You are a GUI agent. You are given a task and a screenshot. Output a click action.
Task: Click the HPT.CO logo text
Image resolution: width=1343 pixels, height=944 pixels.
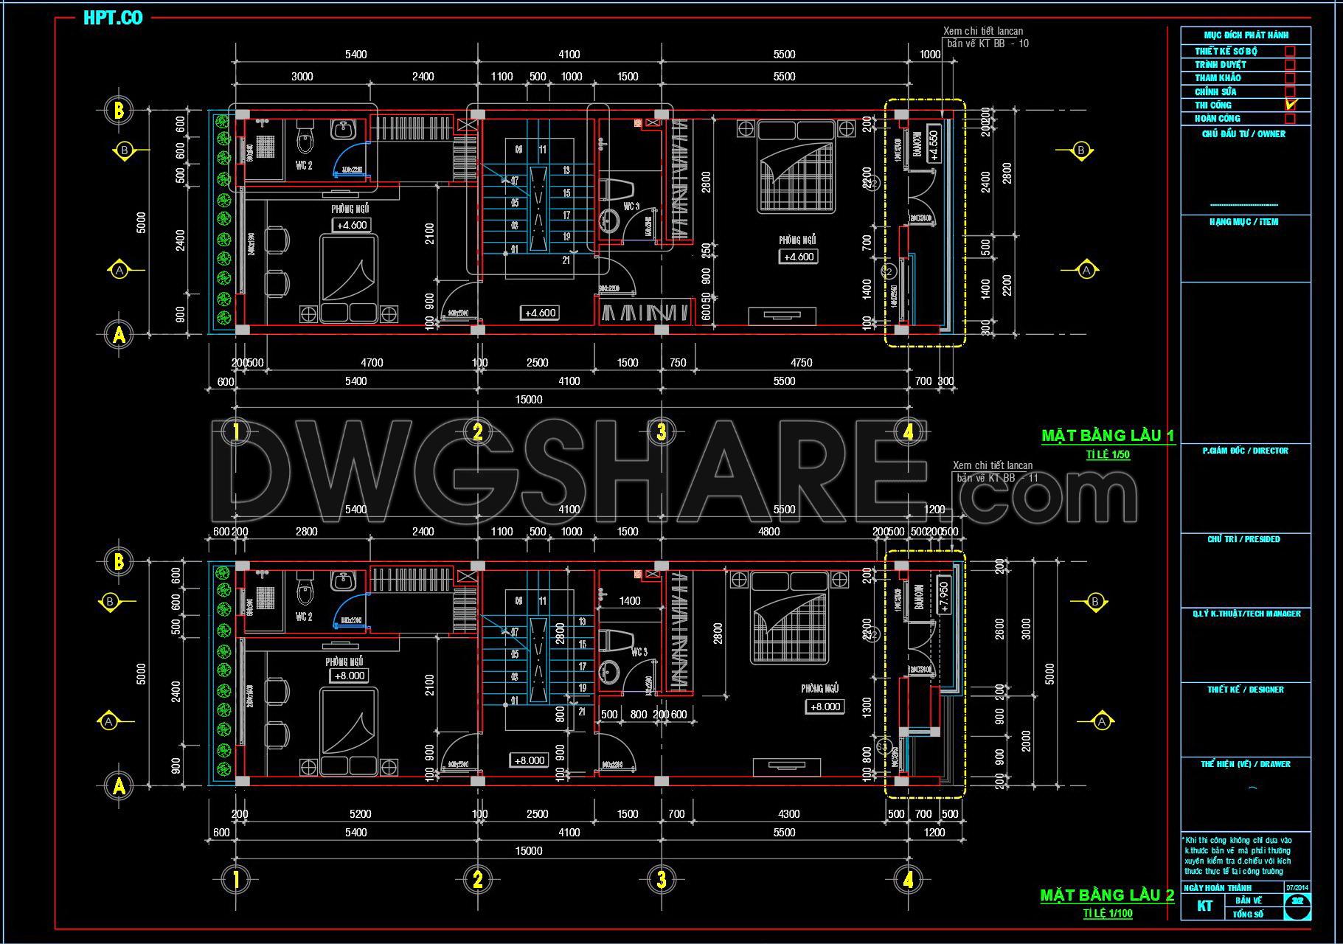click(113, 18)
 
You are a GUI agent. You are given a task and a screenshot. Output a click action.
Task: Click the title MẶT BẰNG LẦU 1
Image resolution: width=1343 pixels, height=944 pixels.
click(1107, 436)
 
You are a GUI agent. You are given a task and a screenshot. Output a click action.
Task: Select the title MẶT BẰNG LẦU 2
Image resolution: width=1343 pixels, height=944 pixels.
click(1107, 895)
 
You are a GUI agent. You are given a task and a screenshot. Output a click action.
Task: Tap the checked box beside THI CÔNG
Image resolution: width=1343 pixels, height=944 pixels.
click(1290, 105)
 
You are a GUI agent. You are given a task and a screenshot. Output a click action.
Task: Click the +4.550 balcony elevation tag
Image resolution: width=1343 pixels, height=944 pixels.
click(934, 145)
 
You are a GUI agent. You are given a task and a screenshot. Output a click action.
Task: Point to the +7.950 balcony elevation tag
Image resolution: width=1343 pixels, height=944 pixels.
click(944, 597)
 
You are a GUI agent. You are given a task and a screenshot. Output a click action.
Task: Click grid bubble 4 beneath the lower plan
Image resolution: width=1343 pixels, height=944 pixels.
click(908, 879)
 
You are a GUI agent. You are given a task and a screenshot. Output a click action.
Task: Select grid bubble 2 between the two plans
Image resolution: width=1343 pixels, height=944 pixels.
click(478, 432)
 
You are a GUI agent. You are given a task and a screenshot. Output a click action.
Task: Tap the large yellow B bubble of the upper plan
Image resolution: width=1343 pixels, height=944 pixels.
click(119, 111)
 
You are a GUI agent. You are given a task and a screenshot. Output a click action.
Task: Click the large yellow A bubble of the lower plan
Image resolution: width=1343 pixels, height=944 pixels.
click(119, 787)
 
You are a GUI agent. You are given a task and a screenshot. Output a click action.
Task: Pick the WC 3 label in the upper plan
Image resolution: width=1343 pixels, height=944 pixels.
click(631, 206)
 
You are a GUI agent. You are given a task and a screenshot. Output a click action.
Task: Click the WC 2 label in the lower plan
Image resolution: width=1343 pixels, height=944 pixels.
click(304, 617)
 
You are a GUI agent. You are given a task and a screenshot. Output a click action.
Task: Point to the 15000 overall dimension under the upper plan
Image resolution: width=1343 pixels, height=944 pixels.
click(529, 400)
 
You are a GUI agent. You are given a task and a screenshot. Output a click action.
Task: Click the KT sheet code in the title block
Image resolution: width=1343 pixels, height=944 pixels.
click(1204, 906)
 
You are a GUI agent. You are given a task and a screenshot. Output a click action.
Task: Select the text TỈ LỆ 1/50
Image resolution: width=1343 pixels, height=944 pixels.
click(1107, 454)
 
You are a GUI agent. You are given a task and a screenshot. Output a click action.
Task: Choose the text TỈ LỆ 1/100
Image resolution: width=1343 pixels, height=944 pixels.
click(1107, 914)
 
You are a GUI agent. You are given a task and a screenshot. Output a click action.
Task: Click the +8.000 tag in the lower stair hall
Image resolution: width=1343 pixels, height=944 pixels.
click(530, 760)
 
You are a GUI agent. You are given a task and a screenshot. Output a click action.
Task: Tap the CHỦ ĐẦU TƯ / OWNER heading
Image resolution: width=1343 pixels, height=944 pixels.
click(1243, 134)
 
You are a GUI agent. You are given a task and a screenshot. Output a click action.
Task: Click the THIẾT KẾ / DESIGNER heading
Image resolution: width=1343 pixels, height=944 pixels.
click(1246, 690)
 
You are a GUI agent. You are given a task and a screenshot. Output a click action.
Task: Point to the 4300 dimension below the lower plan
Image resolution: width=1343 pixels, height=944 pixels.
click(788, 814)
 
